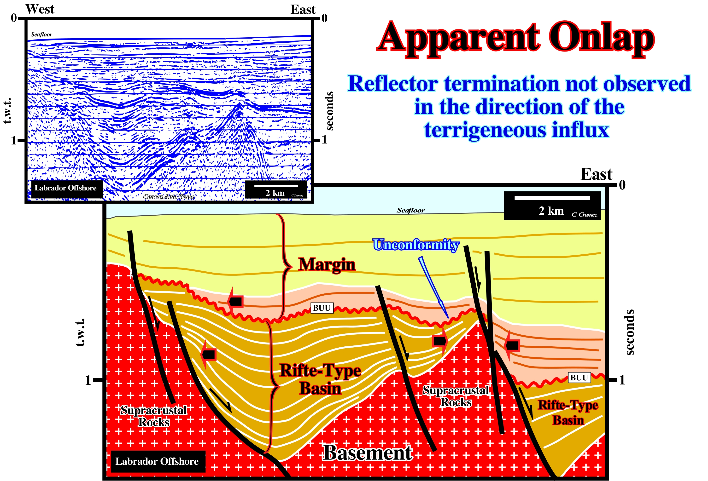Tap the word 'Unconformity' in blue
(416, 245)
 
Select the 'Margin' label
(327, 264)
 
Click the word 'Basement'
(368, 453)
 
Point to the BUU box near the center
(322, 308)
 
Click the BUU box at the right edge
(579, 378)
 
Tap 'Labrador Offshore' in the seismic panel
(65, 188)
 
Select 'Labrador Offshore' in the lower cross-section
(157, 461)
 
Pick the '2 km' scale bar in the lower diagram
(552, 206)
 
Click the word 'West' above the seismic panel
(40, 9)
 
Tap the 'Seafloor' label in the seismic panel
(41, 34)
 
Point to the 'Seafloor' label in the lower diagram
(410, 210)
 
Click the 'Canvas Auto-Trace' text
(169, 197)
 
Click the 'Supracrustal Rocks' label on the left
(154, 416)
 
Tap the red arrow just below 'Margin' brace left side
(235, 301)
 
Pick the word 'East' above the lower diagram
(596, 174)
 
